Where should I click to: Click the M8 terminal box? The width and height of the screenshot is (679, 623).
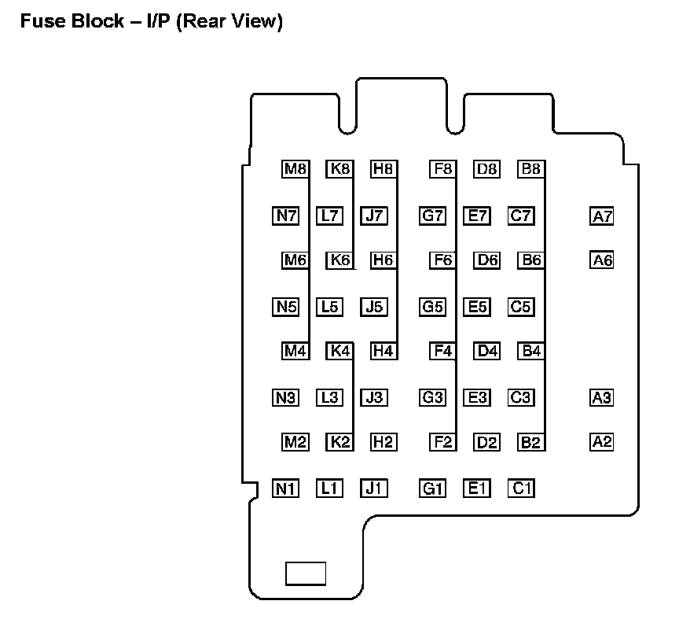(295, 168)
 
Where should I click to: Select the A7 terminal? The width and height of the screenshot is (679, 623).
(601, 216)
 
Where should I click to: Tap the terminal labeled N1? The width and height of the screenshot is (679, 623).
(285, 488)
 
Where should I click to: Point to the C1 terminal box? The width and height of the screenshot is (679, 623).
(521, 488)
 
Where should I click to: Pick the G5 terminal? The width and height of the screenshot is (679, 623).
(432, 307)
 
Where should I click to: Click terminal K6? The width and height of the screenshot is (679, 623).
(339, 260)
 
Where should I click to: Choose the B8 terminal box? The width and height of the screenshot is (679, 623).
(530, 168)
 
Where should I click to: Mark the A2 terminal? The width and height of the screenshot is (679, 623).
(601, 442)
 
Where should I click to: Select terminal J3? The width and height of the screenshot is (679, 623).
(374, 397)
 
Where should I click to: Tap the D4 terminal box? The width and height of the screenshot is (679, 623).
(487, 351)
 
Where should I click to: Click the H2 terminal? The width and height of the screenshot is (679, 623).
(384, 442)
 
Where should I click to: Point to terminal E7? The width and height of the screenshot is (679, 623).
(476, 216)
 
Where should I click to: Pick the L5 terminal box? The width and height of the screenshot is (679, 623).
(329, 307)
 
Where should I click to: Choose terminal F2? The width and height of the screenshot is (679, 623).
(442, 442)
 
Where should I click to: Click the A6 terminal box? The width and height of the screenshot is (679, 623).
(601, 260)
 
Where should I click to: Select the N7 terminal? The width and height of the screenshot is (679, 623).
(285, 216)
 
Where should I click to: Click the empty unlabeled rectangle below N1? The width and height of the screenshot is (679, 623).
(305, 573)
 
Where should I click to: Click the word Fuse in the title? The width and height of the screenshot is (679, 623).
(39, 21)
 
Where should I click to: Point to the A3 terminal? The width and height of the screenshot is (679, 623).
(601, 397)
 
